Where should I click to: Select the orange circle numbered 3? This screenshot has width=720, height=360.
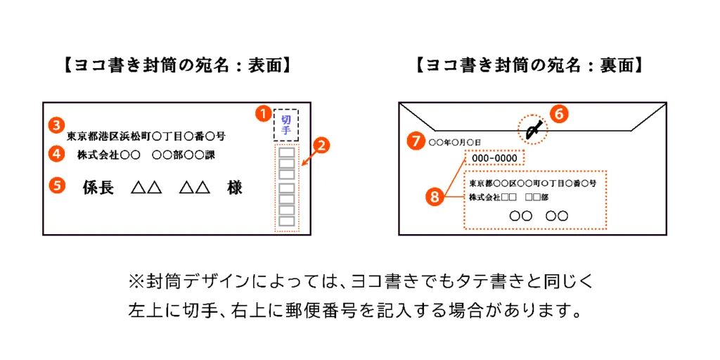[56, 124]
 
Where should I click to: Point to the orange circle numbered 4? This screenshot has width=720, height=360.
[56, 154]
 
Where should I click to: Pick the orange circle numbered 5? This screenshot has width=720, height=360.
[56, 185]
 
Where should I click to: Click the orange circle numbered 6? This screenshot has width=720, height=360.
[559, 115]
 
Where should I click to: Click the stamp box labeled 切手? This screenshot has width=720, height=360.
[286, 124]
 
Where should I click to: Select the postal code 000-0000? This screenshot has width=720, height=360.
[494, 158]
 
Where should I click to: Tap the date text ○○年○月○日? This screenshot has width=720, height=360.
[455, 143]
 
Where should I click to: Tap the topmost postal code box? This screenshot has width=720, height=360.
[287, 153]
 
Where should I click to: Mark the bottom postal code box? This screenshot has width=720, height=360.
[287, 221]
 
